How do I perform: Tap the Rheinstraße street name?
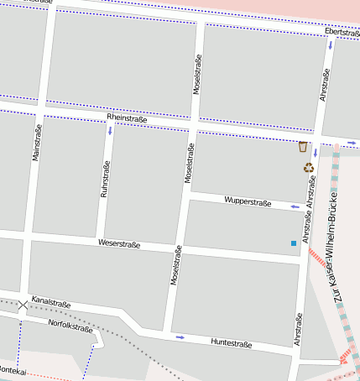coord(127,119)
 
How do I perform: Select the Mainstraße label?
coord(37,143)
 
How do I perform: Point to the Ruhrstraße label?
coord(106,178)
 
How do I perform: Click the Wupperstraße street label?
coord(248,201)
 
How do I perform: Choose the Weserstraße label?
coord(119,244)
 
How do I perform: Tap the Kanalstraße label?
coord(51,301)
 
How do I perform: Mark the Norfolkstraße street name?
coord(70,325)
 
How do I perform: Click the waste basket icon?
coord(303,147)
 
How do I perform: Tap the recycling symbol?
coord(309,167)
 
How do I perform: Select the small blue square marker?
coord(293,243)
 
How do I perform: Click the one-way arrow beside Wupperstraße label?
coord(294,206)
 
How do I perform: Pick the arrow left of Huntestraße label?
coord(180,337)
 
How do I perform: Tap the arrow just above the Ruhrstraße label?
coord(110,132)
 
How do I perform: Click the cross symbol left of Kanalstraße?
coord(23,305)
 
